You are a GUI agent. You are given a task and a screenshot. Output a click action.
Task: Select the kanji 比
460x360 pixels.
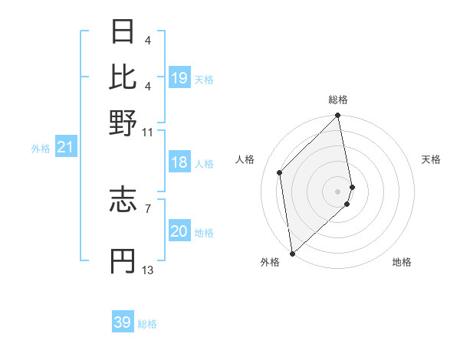(x=123, y=77)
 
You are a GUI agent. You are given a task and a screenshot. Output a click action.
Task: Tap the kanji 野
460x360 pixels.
(x=123, y=122)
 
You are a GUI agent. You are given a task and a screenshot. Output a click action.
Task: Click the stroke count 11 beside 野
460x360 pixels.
(x=148, y=131)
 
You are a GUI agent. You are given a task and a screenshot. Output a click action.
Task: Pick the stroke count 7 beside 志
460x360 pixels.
(x=148, y=208)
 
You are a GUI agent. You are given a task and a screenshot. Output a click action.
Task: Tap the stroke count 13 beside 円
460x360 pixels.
(x=148, y=270)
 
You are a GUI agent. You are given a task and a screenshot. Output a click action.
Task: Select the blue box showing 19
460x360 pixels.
(x=179, y=77)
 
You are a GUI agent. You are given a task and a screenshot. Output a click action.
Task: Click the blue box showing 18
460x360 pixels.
(x=179, y=162)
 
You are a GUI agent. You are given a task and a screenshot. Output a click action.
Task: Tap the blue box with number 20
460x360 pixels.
(x=179, y=231)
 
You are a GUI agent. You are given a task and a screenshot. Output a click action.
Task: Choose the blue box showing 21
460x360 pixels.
(x=65, y=148)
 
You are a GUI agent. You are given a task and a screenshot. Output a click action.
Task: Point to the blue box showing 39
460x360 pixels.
(x=123, y=322)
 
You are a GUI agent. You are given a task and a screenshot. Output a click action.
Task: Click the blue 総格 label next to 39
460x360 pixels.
(x=147, y=324)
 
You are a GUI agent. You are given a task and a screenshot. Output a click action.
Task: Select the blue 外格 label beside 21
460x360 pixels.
(x=41, y=149)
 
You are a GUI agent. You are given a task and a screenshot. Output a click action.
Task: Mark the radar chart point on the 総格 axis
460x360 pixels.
(x=338, y=116)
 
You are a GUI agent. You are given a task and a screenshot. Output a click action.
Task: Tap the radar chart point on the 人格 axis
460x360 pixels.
(x=280, y=172)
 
